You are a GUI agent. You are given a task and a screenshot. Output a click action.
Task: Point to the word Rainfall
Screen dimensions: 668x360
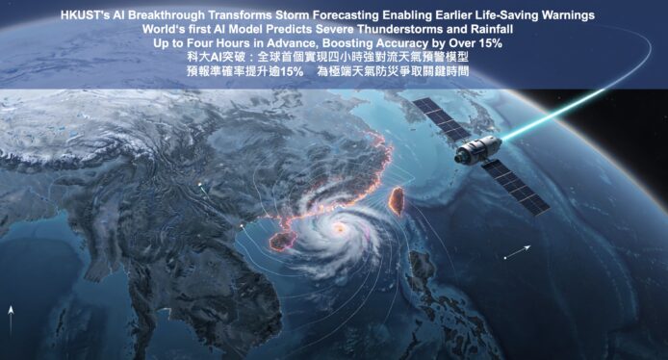click(x=492, y=30)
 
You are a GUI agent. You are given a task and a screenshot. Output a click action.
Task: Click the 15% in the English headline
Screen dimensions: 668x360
click(x=490, y=43)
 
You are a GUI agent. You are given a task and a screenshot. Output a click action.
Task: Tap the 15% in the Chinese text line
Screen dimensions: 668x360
click(x=292, y=71)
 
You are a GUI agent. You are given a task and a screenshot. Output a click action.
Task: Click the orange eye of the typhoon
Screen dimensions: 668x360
click(x=340, y=229)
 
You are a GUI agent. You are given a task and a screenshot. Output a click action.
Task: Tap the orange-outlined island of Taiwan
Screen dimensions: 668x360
click(x=397, y=200)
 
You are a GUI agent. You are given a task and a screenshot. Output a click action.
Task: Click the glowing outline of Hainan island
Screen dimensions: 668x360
click(x=282, y=241)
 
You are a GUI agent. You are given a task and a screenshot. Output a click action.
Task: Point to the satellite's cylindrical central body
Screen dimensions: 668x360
click(x=478, y=149)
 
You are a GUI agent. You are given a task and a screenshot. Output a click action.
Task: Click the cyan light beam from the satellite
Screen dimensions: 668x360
click(x=553, y=115)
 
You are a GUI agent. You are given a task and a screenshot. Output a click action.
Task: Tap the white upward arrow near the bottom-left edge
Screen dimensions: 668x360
click(x=11, y=321)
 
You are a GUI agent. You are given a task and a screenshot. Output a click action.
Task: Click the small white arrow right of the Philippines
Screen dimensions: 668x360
click(x=517, y=252)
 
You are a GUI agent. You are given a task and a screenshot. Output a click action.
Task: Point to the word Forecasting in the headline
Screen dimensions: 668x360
click(x=346, y=15)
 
